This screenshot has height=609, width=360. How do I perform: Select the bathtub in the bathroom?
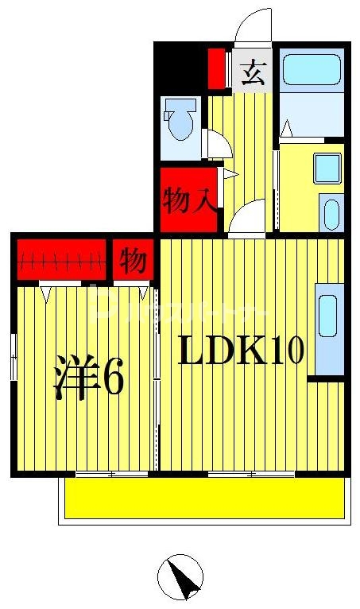coord(312,72)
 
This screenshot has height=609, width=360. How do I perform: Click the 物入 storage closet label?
coord(188,200)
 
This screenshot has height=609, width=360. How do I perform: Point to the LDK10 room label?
coord(240,351)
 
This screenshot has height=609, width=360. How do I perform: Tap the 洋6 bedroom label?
coord(88,376)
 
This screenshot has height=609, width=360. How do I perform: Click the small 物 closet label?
coord(134,261)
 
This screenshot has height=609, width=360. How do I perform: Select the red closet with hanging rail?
coord(62,259)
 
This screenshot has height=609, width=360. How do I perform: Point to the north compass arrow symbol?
coord(180,577)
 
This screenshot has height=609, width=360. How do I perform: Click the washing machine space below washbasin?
coord(331,213)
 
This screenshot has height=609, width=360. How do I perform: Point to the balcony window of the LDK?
coord(251,475)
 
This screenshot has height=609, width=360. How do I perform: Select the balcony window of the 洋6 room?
coord(111,475)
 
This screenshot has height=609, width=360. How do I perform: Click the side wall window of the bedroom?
coord(14,358)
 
